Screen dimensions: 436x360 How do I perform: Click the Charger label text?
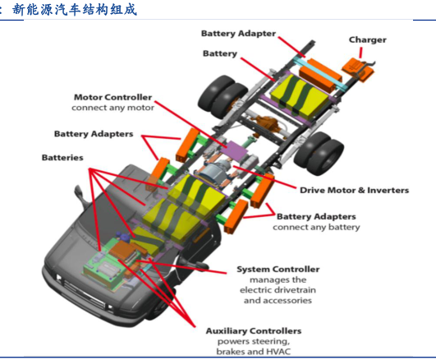click(368, 40)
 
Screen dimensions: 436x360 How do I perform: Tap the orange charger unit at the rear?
click(359, 69)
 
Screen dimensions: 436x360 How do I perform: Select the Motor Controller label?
click(112, 97)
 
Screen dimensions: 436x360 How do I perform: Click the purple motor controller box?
click(234, 150)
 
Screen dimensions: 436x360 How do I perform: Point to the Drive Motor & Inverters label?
click(354, 190)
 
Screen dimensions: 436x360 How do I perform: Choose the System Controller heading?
click(278, 270)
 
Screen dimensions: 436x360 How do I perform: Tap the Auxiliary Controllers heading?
click(254, 330)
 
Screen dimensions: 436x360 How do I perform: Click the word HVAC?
click(278, 351)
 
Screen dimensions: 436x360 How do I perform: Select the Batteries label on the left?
click(62, 158)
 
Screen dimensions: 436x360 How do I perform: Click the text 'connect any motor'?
click(112, 108)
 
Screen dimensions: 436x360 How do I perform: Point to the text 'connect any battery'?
click(316, 227)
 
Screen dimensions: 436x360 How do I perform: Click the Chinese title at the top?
click(75, 10)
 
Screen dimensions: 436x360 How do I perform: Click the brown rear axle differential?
click(265, 122)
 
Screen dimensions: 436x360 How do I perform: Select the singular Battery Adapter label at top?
click(238, 34)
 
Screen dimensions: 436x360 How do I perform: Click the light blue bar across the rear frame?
click(320, 73)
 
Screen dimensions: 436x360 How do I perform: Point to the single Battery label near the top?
click(220, 53)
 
